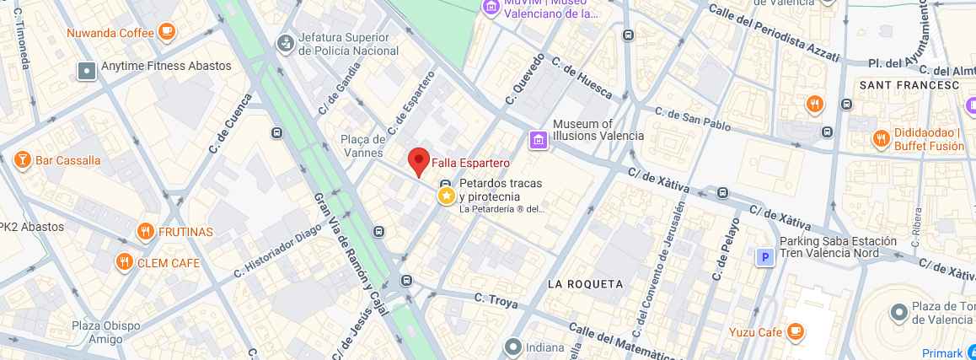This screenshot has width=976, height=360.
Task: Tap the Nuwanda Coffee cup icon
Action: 166,33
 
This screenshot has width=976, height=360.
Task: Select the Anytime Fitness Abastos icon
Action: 87,71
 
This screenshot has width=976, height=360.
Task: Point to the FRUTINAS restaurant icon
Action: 145,232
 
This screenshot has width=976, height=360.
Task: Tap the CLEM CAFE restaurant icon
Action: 125,262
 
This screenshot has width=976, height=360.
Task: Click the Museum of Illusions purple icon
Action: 537,140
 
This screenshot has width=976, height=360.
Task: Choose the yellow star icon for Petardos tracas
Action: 446,196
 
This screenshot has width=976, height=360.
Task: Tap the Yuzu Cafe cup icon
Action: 795,331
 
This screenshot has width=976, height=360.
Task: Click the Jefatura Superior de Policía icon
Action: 287,42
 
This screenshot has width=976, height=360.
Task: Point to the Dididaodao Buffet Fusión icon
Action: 881,138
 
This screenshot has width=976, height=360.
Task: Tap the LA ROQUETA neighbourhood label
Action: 585,284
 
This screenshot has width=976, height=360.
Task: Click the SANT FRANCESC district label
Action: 909,85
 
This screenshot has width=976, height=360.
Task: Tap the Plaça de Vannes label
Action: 364,146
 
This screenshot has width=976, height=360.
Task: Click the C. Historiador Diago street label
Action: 277,250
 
